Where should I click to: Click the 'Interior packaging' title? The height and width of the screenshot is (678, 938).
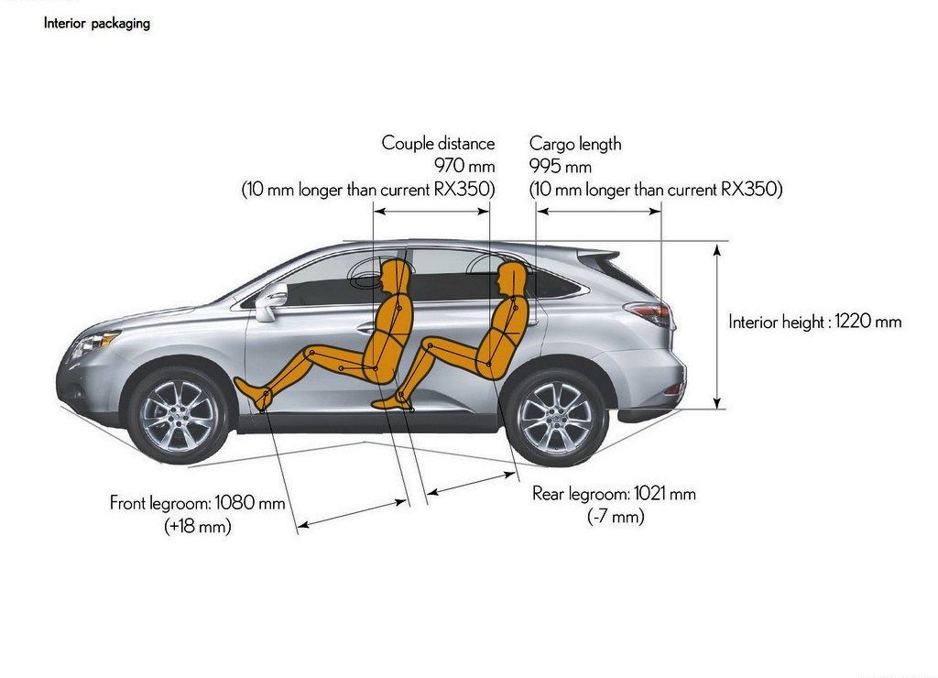pyautogui.click(x=97, y=23)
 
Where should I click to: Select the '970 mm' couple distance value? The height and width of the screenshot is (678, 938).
pyautogui.click(x=464, y=165)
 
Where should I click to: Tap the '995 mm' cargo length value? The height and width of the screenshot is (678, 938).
pyautogui.click(x=561, y=166)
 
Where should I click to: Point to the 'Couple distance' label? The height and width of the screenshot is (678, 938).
pyautogui.click(x=439, y=143)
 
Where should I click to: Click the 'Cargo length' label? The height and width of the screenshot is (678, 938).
pyautogui.click(x=575, y=144)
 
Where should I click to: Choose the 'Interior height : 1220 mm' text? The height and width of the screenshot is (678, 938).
pyautogui.click(x=814, y=322)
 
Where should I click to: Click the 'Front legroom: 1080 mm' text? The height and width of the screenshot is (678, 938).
pyautogui.click(x=198, y=502)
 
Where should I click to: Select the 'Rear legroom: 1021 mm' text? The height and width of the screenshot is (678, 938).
pyautogui.click(x=615, y=494)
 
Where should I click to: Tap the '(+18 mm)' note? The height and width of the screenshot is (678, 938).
pyautogui.click(x=198, y=526)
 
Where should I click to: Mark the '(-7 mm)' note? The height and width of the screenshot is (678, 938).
pyautogui.click(x=616, y=516)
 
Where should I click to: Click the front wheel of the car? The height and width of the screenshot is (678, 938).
pyautogui.click(x=179, y=415)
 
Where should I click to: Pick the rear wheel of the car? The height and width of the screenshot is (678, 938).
pyautogui.click(x=556, y=417)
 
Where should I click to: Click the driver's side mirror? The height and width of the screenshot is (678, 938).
pyautogui.click(x=270, y=301)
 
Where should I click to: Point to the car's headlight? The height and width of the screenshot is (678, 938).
pyautogui.click(x=94, y=344)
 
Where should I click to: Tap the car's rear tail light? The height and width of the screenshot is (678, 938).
pyautogui.click(x=649, y=313)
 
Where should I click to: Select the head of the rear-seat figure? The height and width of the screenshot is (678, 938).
pyautogui.click(x=511, y=279)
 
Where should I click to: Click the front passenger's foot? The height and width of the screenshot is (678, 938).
pyautogui.click(x=253, y=392)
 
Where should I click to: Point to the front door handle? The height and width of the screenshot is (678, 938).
pyautogui.click(x=365, y=328)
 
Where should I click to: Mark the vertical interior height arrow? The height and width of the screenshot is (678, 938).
pyautogui.click(x=717, y=325)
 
